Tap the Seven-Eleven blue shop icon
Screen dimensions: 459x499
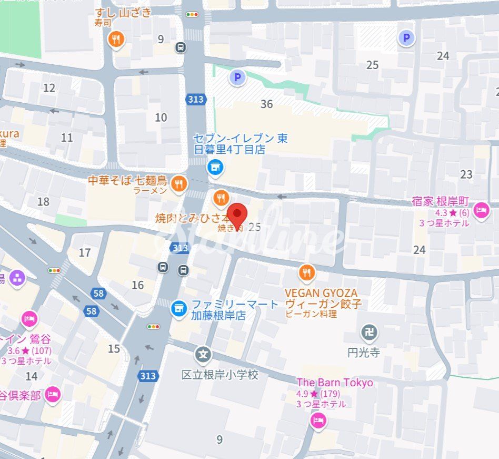(215, 168)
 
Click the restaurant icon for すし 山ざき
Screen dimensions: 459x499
(116, 38)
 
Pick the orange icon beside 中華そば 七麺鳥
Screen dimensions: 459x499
(179, 183)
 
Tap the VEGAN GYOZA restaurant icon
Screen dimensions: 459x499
(306, 273)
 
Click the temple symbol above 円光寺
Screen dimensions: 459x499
(369, 332)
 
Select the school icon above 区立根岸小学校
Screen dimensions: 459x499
(203, 354)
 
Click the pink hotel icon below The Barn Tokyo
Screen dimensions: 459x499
(318, 420)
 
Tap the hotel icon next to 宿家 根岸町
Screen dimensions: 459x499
(481, 211)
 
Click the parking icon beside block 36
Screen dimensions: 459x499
(237, 78)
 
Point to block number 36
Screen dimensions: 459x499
(267, 104)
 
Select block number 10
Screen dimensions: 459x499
(161, 118)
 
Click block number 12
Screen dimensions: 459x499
(49, 88)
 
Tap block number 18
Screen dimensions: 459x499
(43, 201)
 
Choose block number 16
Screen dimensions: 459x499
(137, 285)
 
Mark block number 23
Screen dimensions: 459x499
(466, 174)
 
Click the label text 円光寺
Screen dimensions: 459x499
(364, 353)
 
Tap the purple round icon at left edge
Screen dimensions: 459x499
(17, 278)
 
